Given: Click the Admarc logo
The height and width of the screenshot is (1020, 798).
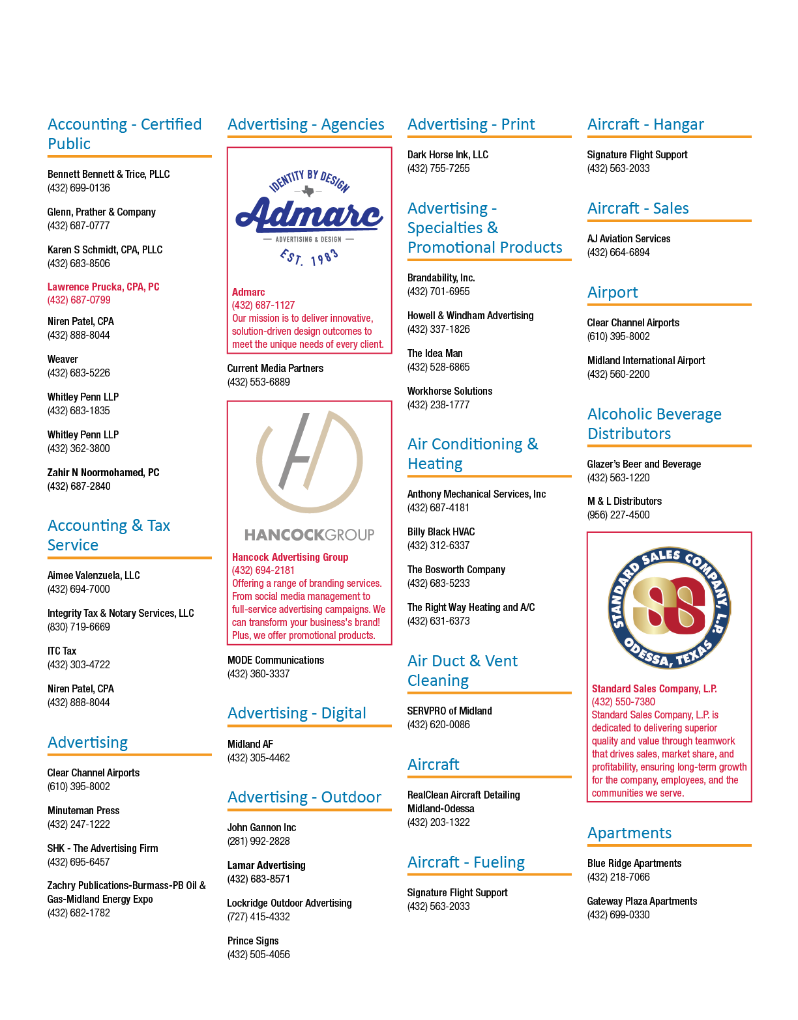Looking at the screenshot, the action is point(309,218).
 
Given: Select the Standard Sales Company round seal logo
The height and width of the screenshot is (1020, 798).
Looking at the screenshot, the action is point(669,608).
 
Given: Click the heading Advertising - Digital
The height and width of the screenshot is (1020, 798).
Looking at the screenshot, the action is point(297,713).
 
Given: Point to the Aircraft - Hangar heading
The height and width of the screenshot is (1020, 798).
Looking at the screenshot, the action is point(645,124).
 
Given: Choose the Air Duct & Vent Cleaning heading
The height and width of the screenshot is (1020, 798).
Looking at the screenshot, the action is point(462,670).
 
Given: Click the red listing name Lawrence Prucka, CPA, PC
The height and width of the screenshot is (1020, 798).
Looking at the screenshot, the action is point(103,287).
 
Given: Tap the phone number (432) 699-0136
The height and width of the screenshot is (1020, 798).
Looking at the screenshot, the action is point(78,188).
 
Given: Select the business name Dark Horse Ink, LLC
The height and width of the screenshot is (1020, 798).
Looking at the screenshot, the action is point(448,154).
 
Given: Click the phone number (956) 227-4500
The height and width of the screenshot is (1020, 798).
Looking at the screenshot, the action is point(618,515).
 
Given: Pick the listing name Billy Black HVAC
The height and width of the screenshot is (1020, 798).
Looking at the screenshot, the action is point(441,532).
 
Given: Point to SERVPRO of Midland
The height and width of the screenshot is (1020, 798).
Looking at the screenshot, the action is point(449,711).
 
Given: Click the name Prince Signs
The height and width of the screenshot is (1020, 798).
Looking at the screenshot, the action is point(253,941).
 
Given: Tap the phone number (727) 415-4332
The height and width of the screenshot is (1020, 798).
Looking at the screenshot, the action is point(258,916).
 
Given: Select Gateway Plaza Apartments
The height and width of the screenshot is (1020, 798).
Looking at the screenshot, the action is point(642,901).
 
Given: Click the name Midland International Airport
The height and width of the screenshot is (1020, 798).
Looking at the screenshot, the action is point(646,360).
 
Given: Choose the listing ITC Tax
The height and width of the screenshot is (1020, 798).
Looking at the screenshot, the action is point(61,651).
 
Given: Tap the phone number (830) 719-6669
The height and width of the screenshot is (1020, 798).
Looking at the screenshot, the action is point(78,627).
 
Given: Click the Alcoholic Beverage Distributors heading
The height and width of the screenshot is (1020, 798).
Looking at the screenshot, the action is point(655,423).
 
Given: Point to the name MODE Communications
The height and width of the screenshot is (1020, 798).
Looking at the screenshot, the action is point(276,660).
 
